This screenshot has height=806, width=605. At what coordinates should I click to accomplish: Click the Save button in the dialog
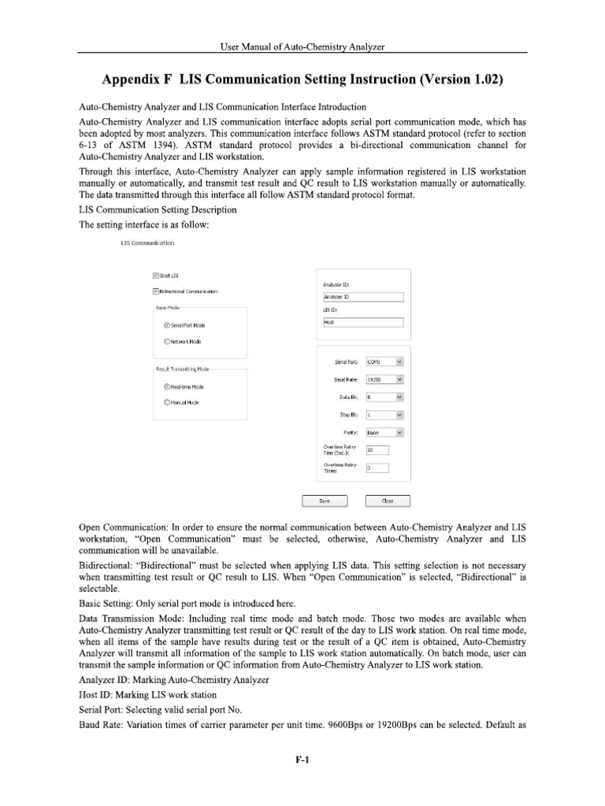coord(325,501)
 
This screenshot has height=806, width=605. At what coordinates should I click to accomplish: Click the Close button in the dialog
coord(388,501)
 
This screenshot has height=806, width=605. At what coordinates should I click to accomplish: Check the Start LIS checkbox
coord(154,275)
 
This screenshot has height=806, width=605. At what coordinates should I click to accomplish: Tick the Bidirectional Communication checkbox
coord(154,291)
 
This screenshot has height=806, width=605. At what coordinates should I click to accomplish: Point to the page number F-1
coord(302,760)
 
